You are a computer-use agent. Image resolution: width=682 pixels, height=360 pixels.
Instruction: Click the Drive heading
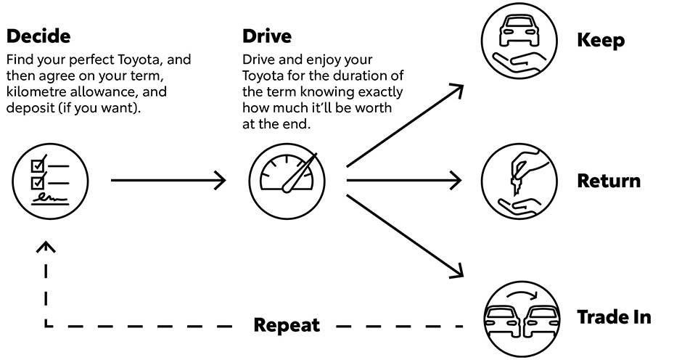click(268, 36)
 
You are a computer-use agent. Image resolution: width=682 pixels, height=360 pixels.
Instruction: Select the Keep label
click(601, 40)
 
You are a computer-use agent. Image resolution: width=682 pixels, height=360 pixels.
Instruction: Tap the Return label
click(609, 180)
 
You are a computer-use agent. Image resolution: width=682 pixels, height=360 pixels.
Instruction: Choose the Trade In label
click(614, 317)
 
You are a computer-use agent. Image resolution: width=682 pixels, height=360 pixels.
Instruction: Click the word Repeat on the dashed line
click(287, 324)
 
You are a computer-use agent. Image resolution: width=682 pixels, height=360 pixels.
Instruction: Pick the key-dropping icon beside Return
click(519, 180)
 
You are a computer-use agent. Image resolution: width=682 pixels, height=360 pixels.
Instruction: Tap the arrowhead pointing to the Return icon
click(457, 180)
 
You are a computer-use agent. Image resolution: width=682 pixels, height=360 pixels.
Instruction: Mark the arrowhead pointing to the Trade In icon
click(456, 271)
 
